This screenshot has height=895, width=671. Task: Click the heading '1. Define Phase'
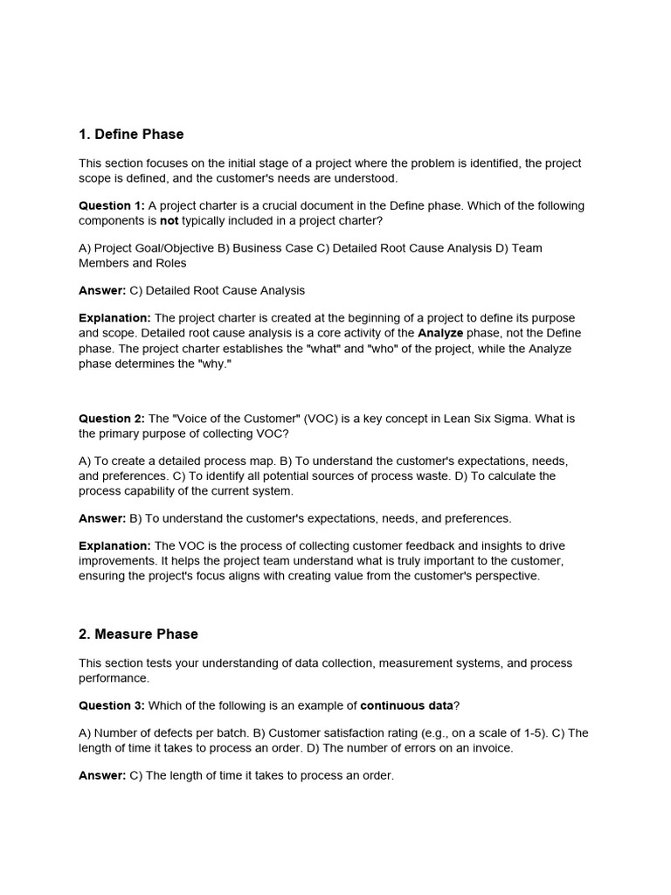click(131, 135)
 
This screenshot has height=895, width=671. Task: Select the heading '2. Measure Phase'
click(138, 635)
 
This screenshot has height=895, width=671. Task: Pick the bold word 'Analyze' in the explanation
click(440, 334)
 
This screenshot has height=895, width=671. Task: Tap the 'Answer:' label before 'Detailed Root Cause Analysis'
click(102, 290)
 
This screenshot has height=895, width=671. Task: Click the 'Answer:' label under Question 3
click(102, 775)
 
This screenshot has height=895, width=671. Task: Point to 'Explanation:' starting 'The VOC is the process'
click(114, 546)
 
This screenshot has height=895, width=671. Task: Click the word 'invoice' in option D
click(493, 747)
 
